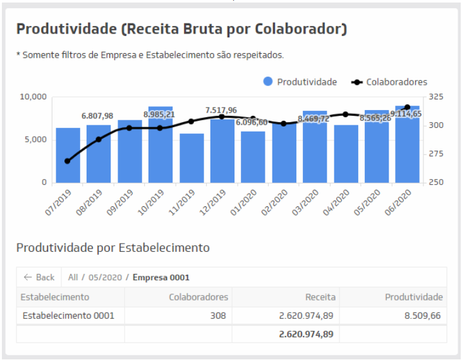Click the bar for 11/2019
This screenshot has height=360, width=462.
pos(191,158)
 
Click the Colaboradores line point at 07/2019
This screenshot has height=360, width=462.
pos(68,161)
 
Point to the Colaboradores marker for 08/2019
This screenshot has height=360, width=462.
pos(99,139)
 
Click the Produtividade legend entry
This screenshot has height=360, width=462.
pos(300,82)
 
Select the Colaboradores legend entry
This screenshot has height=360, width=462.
pos(389,82)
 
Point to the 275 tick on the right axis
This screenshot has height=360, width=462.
pos(436,154)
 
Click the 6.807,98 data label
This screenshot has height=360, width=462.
pos(97,116)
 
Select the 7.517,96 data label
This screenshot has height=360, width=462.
pos(221,110)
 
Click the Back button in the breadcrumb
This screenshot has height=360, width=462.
pos(39,277)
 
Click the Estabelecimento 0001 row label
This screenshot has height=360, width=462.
pos(68,315)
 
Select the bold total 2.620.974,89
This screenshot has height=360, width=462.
pos(307,333)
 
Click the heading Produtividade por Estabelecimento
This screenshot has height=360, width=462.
pos(113,247)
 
